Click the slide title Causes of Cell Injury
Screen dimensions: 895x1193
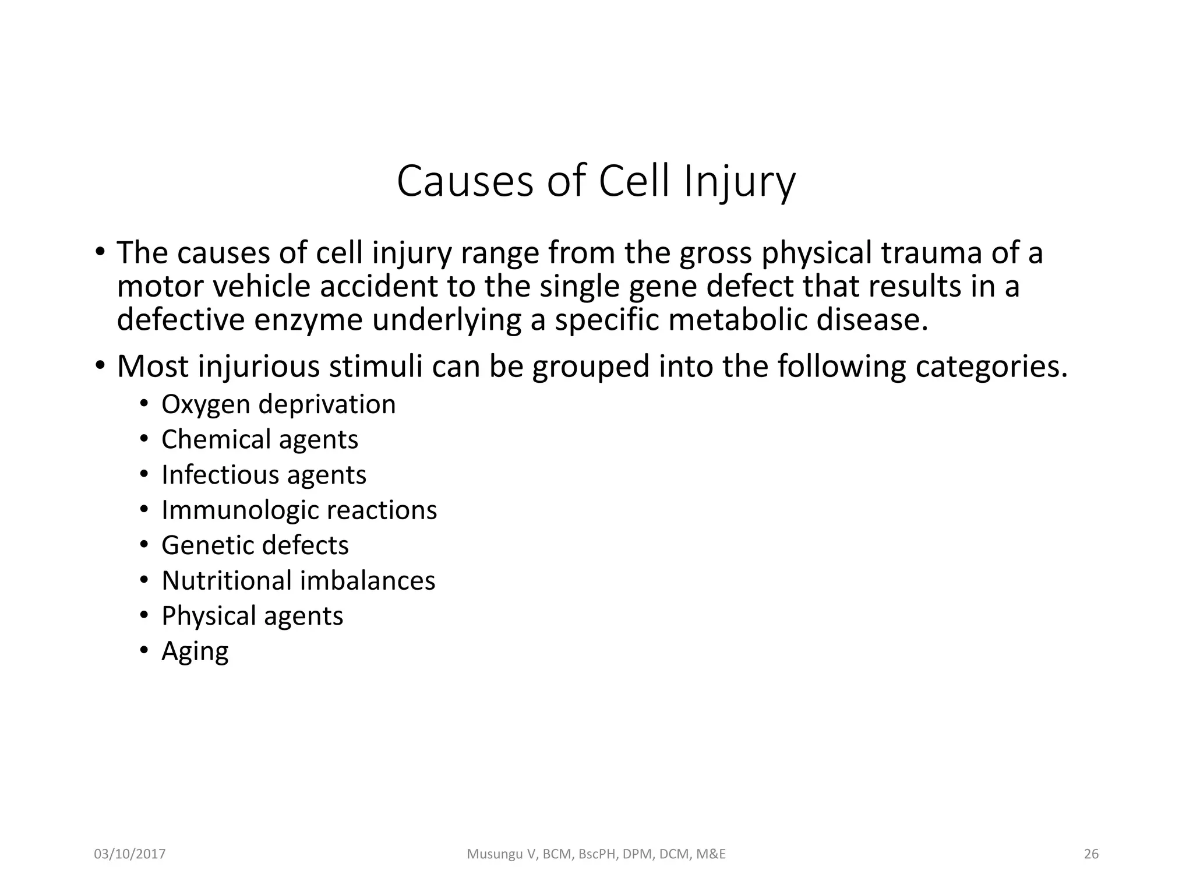pos(596,182)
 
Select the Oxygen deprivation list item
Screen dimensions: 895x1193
pos(278,404)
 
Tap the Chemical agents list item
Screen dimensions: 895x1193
pos(260,439)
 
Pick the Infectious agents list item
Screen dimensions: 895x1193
pos(264,475)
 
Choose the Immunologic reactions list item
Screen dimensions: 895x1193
pos(299,510)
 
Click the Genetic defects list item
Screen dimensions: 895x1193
pos(255,545)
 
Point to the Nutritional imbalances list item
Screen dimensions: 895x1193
pos(298,581)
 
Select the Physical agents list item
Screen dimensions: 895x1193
pos(252,616)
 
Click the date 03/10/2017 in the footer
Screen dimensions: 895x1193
pos(130,854)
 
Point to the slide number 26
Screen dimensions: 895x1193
pos(1091,854)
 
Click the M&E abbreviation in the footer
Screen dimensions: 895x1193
pos(711,854)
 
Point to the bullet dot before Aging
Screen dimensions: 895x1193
pos(143,651)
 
